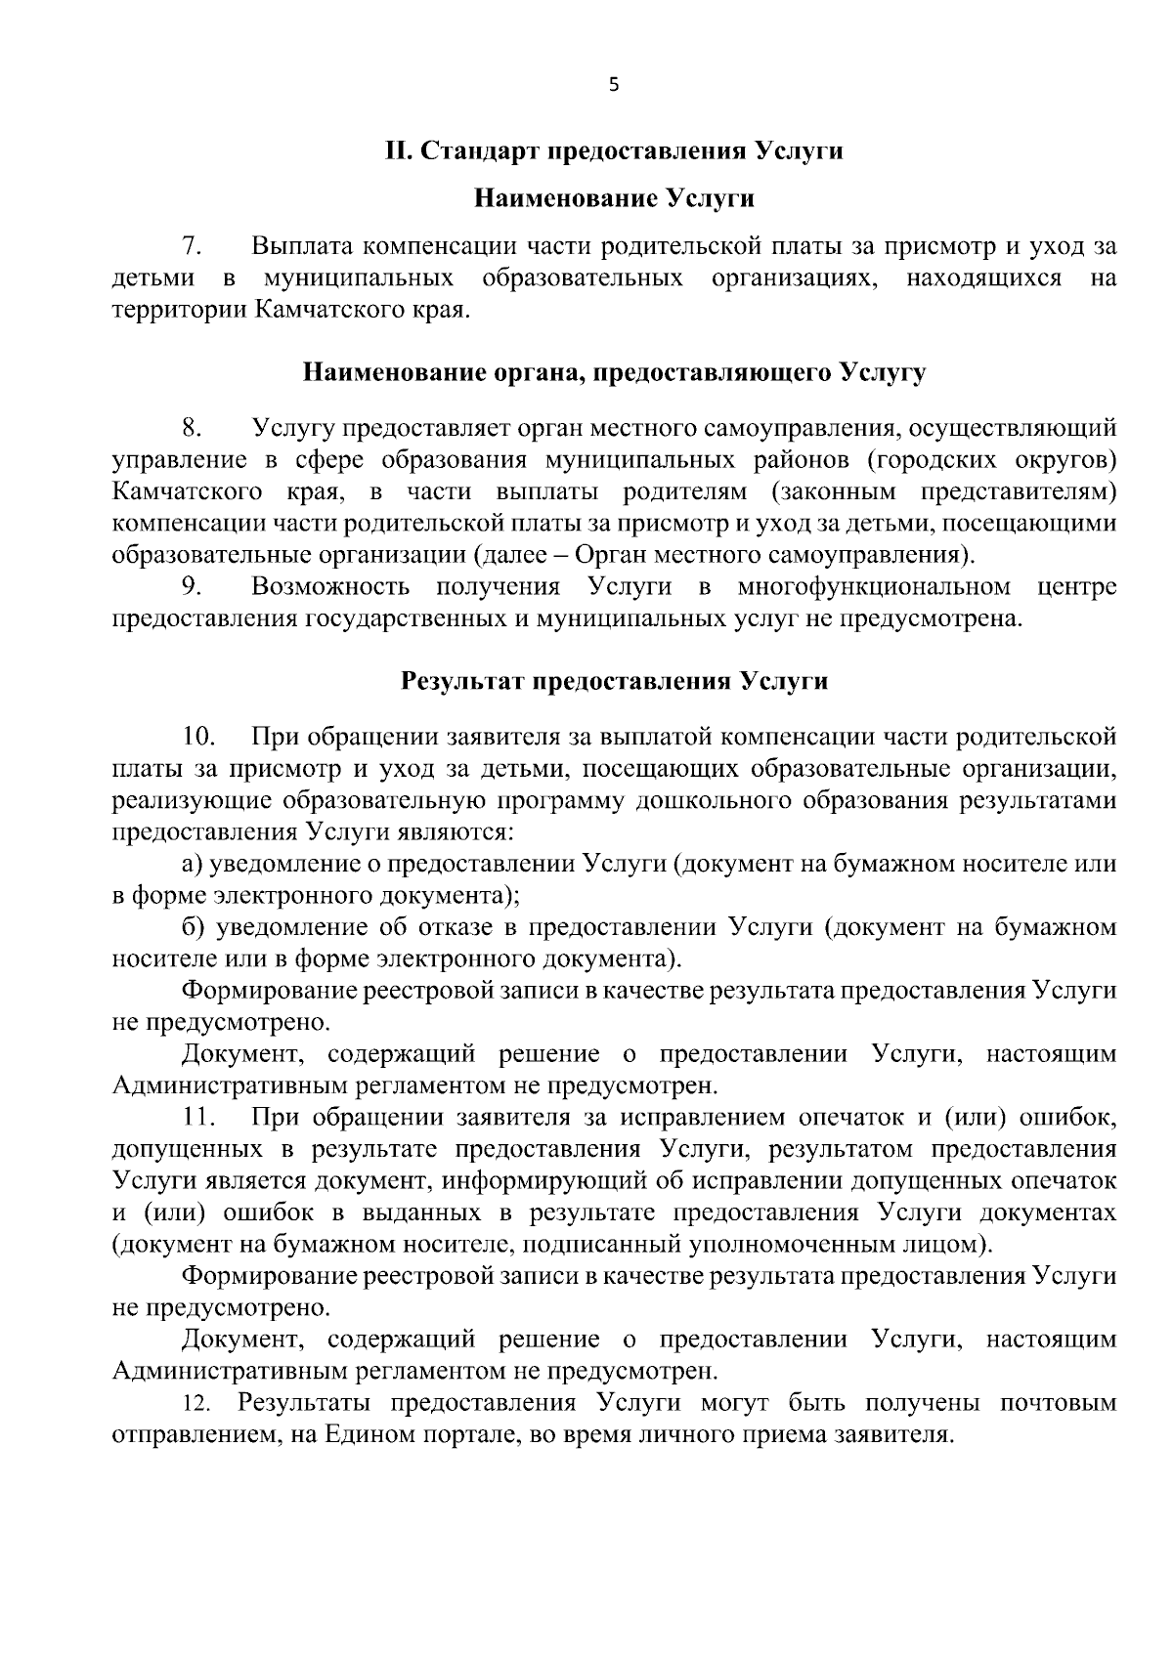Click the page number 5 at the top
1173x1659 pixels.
click(x=614, y=85)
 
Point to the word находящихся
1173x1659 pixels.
click(x=983, y=278)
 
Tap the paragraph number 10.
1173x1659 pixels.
click(x=198, y=736)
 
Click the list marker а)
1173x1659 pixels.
click(x=193, y=865)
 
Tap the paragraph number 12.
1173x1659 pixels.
click(x=196, y=1405)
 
